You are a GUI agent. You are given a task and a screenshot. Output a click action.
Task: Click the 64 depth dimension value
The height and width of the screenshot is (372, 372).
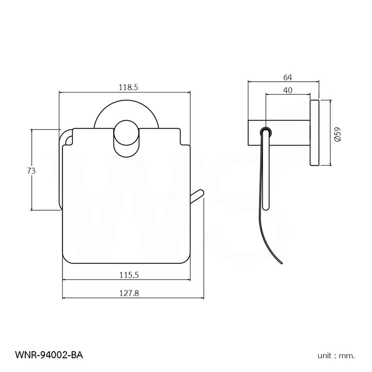click(x=288, y=77)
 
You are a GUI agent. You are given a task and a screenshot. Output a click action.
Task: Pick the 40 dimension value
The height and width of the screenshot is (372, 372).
click(x=288, y=90)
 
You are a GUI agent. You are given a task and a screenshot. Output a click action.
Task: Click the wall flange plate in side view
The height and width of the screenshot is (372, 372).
click(x=315, y=133)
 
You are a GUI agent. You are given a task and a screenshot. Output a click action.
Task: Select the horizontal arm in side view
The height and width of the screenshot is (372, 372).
click(x=279, y=133)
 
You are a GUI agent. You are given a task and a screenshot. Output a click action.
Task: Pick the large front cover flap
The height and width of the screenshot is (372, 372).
click(x=126, y=208)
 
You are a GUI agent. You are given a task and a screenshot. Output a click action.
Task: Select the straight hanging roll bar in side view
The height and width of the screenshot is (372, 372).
click(x=265, y=171)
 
